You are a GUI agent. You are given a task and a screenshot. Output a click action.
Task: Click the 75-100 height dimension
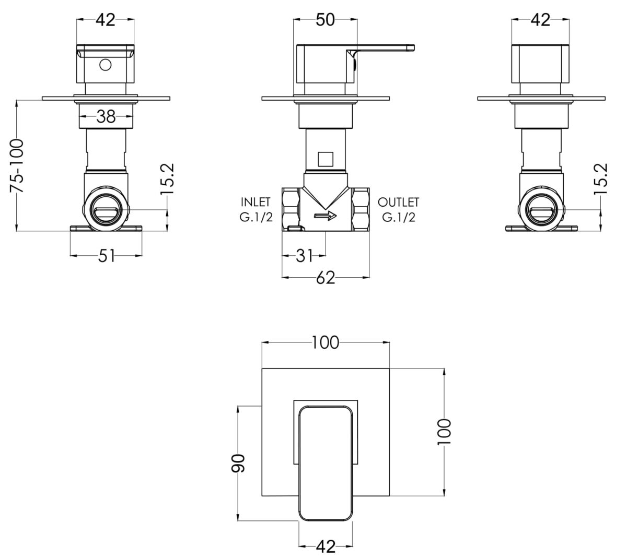(x=17, y=166)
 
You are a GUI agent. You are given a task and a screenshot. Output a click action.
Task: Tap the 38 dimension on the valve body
(x=106, y=116)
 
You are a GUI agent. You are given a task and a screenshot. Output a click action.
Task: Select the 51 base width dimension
(x=106, y=256)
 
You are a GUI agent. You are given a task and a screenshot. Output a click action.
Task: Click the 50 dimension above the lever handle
(x=326, y=20)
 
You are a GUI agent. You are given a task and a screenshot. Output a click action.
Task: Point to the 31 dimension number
(x=304, y=256)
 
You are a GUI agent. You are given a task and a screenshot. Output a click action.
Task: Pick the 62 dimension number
(x=326, y=278)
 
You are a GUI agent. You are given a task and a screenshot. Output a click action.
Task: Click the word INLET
(x=256, y=202)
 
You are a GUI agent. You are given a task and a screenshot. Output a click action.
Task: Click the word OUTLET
(x=398, y=203)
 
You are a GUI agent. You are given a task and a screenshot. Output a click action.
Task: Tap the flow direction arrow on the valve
(x=326, y=216)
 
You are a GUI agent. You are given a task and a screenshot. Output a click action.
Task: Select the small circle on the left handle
(x=105, y=65)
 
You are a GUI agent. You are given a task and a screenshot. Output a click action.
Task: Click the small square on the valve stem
(x=326, y=159)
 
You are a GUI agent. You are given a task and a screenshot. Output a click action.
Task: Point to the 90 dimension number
(x=238, y=463)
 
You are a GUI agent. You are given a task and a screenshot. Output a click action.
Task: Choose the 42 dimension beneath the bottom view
(x=326, y=546)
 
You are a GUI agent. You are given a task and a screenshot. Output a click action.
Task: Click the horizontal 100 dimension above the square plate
(x=326, y=342)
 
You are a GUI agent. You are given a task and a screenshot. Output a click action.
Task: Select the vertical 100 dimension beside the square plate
(x=444, y=432)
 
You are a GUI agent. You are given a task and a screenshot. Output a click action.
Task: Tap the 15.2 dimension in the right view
(x=601, y=179)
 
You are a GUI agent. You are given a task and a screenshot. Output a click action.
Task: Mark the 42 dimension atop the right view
(x=540, y=20)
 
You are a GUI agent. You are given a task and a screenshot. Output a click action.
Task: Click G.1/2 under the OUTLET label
(x=399, y=217)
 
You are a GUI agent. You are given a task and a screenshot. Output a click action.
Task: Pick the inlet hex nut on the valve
(x=291, y=209)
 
